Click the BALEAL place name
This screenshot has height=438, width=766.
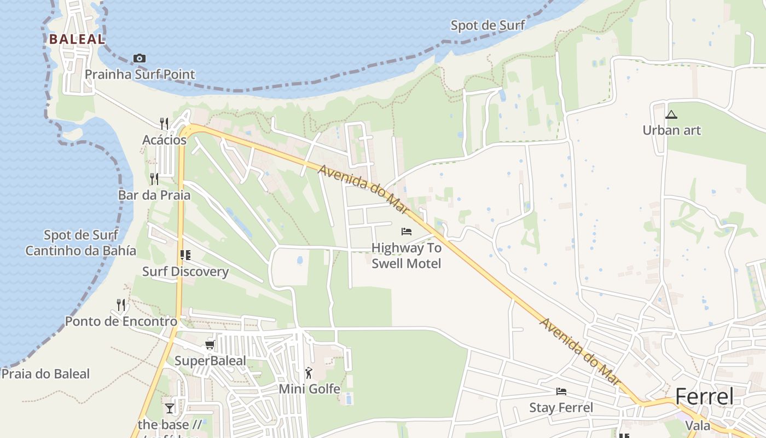[77, 39]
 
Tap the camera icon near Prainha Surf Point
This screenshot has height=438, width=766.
[140, 58]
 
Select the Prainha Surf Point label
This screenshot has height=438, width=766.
[140, 74]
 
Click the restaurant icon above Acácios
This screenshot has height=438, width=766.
[164, 123]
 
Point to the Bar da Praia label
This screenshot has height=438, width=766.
[154, 195]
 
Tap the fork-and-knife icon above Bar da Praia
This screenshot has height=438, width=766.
[154, 178]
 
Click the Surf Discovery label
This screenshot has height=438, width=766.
[185, 272]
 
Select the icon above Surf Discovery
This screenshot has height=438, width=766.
[185, 255]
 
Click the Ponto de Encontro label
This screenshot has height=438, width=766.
[121, 321]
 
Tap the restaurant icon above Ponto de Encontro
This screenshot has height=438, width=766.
[121, 304]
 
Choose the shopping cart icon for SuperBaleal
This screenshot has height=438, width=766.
[210, 344]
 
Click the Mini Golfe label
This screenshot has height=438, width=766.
[309, 389]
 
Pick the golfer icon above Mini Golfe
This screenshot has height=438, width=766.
[309, 373]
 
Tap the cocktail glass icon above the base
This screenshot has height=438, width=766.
[170, 408]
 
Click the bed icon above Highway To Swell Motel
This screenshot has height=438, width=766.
[406, 231]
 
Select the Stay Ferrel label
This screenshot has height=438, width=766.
[561, 408]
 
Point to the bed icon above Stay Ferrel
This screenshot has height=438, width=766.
[561, 391]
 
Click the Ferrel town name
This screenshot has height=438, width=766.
[704, 396]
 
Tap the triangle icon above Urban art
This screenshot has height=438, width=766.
[671, 114]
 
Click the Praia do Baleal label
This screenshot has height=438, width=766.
[45, 374]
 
